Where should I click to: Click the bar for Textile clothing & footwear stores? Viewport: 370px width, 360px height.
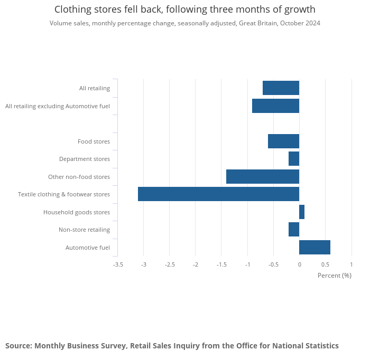(218, 194)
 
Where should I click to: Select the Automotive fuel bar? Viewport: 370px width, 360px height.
(314, 247)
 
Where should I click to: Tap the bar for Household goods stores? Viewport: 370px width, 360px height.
(302, 212)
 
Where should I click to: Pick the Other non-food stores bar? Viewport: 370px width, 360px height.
(263, 176)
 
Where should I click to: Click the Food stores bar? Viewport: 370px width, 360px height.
(283, 141)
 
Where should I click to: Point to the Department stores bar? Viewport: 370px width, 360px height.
(294, 158)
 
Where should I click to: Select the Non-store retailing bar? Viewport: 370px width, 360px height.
(294, 229)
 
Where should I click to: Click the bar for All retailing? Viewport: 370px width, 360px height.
(281, 88)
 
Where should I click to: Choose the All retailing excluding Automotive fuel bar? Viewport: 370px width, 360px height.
(275, 106)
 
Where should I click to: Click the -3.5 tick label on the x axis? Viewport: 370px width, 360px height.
(118, 264)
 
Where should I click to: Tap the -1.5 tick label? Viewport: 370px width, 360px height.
(221, 264)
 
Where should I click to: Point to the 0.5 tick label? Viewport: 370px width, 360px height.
(325, 264)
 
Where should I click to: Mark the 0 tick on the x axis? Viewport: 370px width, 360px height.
(299, 264)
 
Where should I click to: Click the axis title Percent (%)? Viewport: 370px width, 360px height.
(334, 275)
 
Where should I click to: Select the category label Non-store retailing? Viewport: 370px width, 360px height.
(84, 230)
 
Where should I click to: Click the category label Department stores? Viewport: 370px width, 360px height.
(85, 159)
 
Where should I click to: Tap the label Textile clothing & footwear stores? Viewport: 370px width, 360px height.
(64, 194)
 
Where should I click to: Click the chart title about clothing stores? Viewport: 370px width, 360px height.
(185, 10)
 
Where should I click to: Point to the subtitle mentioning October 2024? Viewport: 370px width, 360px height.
(185, 23)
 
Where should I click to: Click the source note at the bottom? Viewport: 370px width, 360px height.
(172, 346)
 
